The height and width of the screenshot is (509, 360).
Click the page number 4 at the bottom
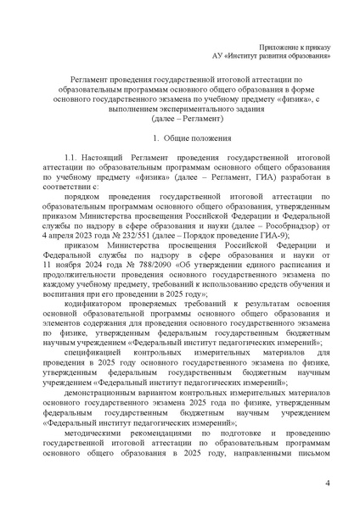pyautogui.click(x=327, y=484)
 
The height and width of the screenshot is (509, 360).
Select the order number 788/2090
pyautogui.click(x=135, y=260)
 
